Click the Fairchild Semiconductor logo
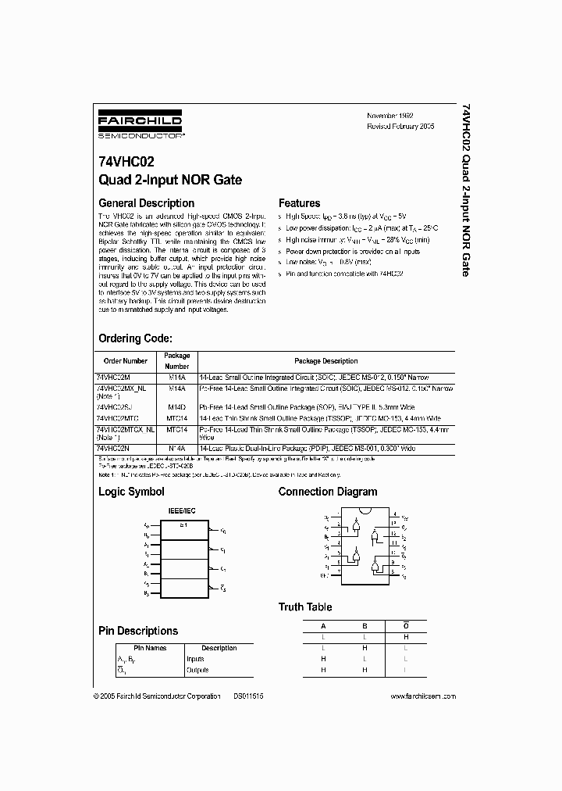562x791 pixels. (x=140, y=124)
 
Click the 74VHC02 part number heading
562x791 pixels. (x=126, y=163)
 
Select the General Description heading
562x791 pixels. (x=146, y=203)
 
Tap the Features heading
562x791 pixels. (x=300, y=203)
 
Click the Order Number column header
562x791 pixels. (x=126, y=361)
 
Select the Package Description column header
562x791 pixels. (x=325, y=361)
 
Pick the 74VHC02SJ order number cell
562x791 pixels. (x=115, y=407)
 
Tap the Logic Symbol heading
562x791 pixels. (x=131, y=492)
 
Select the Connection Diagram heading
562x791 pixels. (x=328, y=492)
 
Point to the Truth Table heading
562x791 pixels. (x=305, y=607)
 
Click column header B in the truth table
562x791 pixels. (x=364, y=626)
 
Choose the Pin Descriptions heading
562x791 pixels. (x=138, y=631)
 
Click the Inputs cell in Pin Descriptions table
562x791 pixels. (x=194, y=659)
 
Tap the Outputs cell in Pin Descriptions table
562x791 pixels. (x=197, y=669)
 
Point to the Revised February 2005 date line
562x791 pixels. (x=400, y=126)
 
